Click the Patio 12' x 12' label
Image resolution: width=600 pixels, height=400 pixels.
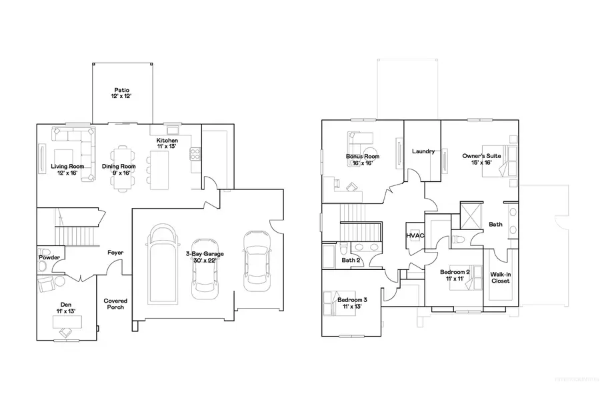tap(121, 93)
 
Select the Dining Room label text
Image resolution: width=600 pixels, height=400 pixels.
tap(119, 169)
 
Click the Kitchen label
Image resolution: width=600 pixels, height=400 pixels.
tap(167, 145)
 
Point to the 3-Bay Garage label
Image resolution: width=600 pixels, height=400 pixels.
tap(205, 257)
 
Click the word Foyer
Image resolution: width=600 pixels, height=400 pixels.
tap(115, 253)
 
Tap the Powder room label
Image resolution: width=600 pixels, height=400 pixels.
tap(49, 257)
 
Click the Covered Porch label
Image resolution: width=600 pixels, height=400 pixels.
tap(115, 304)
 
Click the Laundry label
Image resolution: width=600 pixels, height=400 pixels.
tap(423, 151)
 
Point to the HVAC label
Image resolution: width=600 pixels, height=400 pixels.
tap(415, 236)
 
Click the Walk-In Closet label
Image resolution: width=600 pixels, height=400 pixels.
tap(500, 277)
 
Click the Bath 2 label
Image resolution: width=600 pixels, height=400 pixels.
tap(351, 260)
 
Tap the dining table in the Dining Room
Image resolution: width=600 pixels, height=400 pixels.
tap(121, 167)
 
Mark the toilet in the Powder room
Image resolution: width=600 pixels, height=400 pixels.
tap(43, 267)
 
